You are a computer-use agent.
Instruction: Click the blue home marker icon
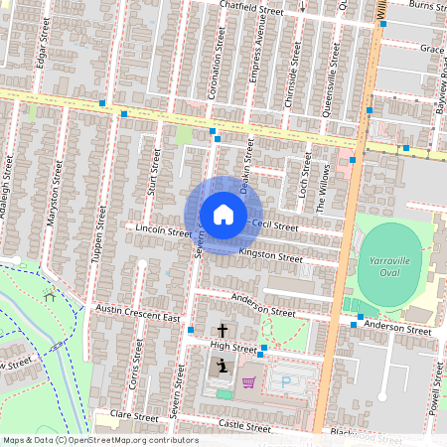(x=223, y=215)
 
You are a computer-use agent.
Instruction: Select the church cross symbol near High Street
(x=222, y=331)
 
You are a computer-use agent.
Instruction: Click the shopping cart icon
(x=248, y=381)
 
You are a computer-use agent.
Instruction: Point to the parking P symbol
(x=287, y=381)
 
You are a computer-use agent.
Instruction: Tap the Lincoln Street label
(x=162, y=230)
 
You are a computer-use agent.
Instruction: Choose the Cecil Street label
(x=275, y=225)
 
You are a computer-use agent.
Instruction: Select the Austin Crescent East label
(x=137, y=314)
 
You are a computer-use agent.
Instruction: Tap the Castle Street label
(x=244, y=425)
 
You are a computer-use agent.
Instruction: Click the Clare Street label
(x=134, y=414)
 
